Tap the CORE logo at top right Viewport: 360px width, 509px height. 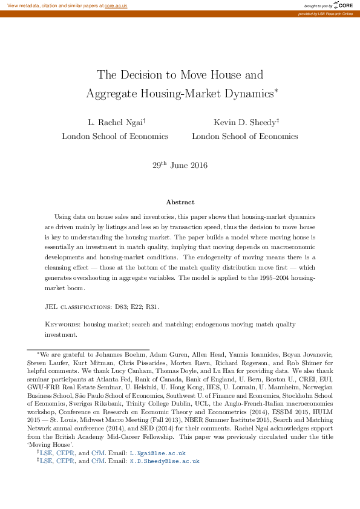[343, 5]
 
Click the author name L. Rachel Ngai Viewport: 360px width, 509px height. [115, 122]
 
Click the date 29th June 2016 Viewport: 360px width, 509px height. [180, 165]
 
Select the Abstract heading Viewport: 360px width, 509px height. [180, 202]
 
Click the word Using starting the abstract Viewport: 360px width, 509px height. [64, 216]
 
